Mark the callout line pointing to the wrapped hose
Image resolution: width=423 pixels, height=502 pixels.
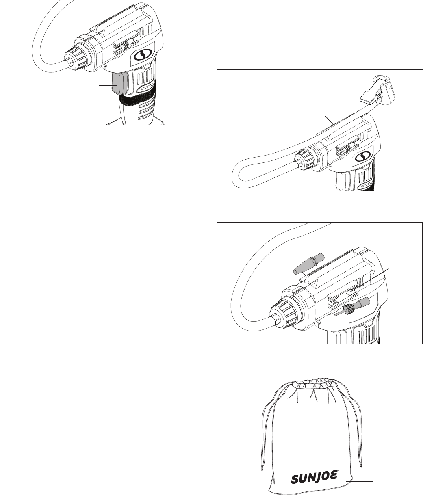click(329, 120)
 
